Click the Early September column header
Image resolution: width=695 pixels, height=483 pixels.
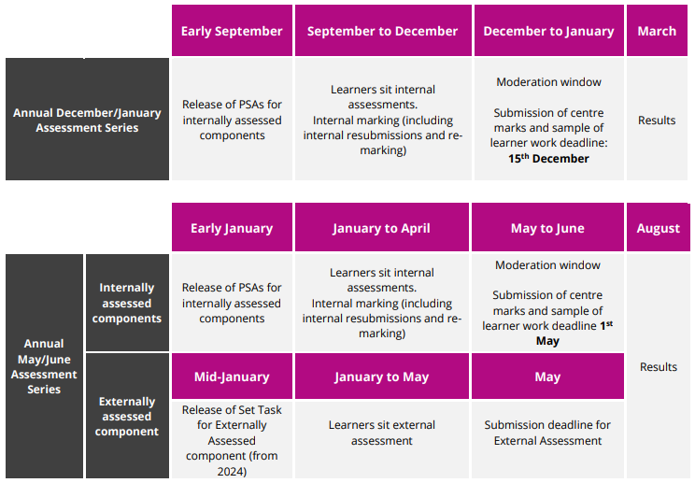pyautogui.click(x=232, y=31)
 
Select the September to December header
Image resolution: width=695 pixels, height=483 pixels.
pyautogui.click(x=383, y=31)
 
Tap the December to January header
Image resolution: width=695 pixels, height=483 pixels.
pyautogui.click(x=548, y=31)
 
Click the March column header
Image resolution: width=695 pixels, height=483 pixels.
pyautogui.click(x=657, y=31)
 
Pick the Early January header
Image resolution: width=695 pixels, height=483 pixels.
pyautogui.click(x=232, y=227)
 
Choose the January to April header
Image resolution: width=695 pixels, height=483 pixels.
pyautogui.click(x=382, y=227)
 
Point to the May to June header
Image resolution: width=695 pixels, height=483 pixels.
pyautogui.click(x=547, y=227)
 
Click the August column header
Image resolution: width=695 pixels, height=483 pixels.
pyautogui.click(x=659, y=227)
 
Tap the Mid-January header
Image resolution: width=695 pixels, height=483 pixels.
pyautogui.click(x=232, y=376)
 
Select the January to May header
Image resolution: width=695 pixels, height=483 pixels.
pyautogui.click(x=382, y=376)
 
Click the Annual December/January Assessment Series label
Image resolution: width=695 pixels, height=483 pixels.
pyautogui.click(x=87, y=120)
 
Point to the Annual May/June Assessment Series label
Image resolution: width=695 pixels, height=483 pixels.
pyautogui.click(x=44, y=366)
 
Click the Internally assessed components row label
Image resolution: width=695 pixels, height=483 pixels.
pyautogui.click(x=127, y=303)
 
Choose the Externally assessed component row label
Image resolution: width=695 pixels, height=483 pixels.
pyautogui.click(x=127, y=416)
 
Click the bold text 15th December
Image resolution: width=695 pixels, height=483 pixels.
pyautogui.click(x=548, y=158)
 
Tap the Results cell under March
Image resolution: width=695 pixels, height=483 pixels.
pyautogui.click(x=657, y=121)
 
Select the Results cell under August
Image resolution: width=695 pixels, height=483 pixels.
pyautogui.click(x=659, y=366)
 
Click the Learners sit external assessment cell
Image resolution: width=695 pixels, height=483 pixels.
pyautogui.click(x=382, y=433)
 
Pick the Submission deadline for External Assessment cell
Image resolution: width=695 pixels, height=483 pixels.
pyautogui.click(x=547, y=433)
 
